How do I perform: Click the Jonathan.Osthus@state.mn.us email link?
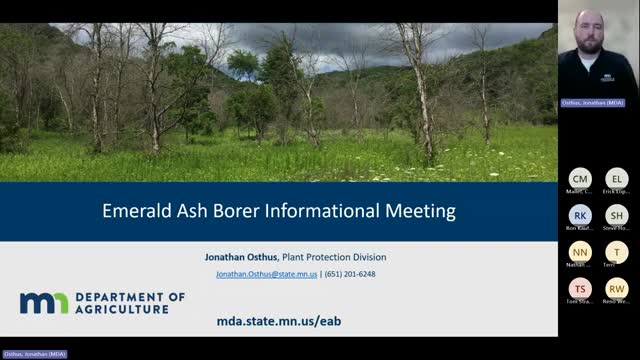coord(265,274)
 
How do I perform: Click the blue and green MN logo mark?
coord(43,303)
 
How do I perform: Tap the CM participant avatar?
coord(580,178)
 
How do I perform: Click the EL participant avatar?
coord(617,178)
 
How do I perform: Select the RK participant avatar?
coord(580,215)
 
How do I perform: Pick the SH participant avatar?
coord(617,215)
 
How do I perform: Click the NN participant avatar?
coord(580,252)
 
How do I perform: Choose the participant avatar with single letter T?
coord(617,252)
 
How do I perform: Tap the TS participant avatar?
coord(580,289)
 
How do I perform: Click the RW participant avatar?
coord(617,289)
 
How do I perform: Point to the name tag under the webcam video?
coord(597,103)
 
